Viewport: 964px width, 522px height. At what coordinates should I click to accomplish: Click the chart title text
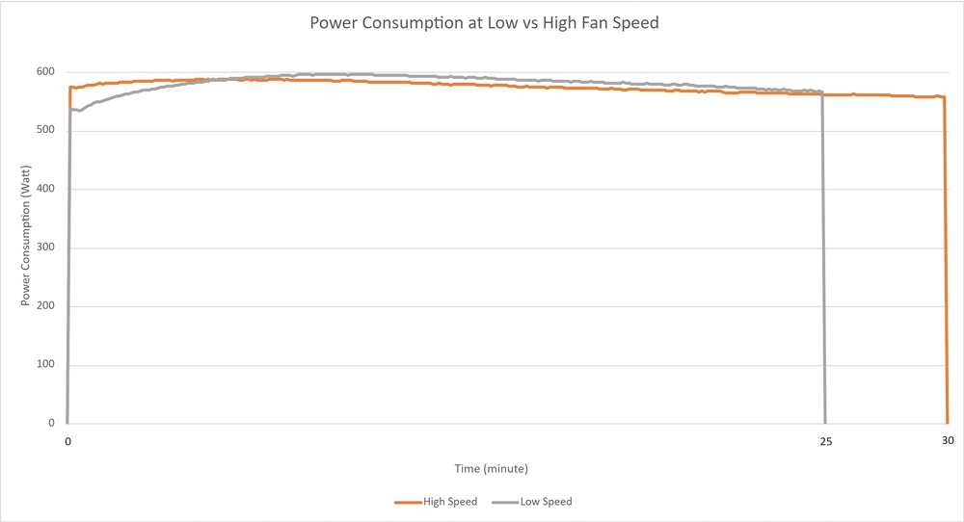coord(484,22)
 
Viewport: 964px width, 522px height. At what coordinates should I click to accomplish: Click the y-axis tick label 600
coord(44,72)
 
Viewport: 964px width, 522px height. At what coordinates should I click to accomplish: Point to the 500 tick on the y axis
coord(44,131)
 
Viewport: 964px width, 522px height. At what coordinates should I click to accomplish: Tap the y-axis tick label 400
coord(44,189)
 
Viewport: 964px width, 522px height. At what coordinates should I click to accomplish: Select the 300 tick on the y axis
coord(44,248)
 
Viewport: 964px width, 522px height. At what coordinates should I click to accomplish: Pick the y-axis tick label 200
coord(44,306)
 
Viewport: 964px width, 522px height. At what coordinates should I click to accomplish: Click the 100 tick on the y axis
coord(44,365)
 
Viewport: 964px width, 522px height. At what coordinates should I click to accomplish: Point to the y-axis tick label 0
coord(52,424)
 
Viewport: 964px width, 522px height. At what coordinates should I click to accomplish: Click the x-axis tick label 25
coord(825,441)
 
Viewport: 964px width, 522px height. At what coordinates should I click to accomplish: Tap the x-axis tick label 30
coord(948,441)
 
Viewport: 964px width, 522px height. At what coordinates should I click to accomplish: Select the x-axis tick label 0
coord(67,441)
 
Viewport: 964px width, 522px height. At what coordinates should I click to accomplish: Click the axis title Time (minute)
coord(492,468)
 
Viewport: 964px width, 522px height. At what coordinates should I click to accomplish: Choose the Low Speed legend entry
coord(547,502)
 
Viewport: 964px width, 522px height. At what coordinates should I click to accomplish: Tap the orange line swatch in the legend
coord(408,502)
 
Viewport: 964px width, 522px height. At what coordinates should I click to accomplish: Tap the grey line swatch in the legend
coord(504,502)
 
